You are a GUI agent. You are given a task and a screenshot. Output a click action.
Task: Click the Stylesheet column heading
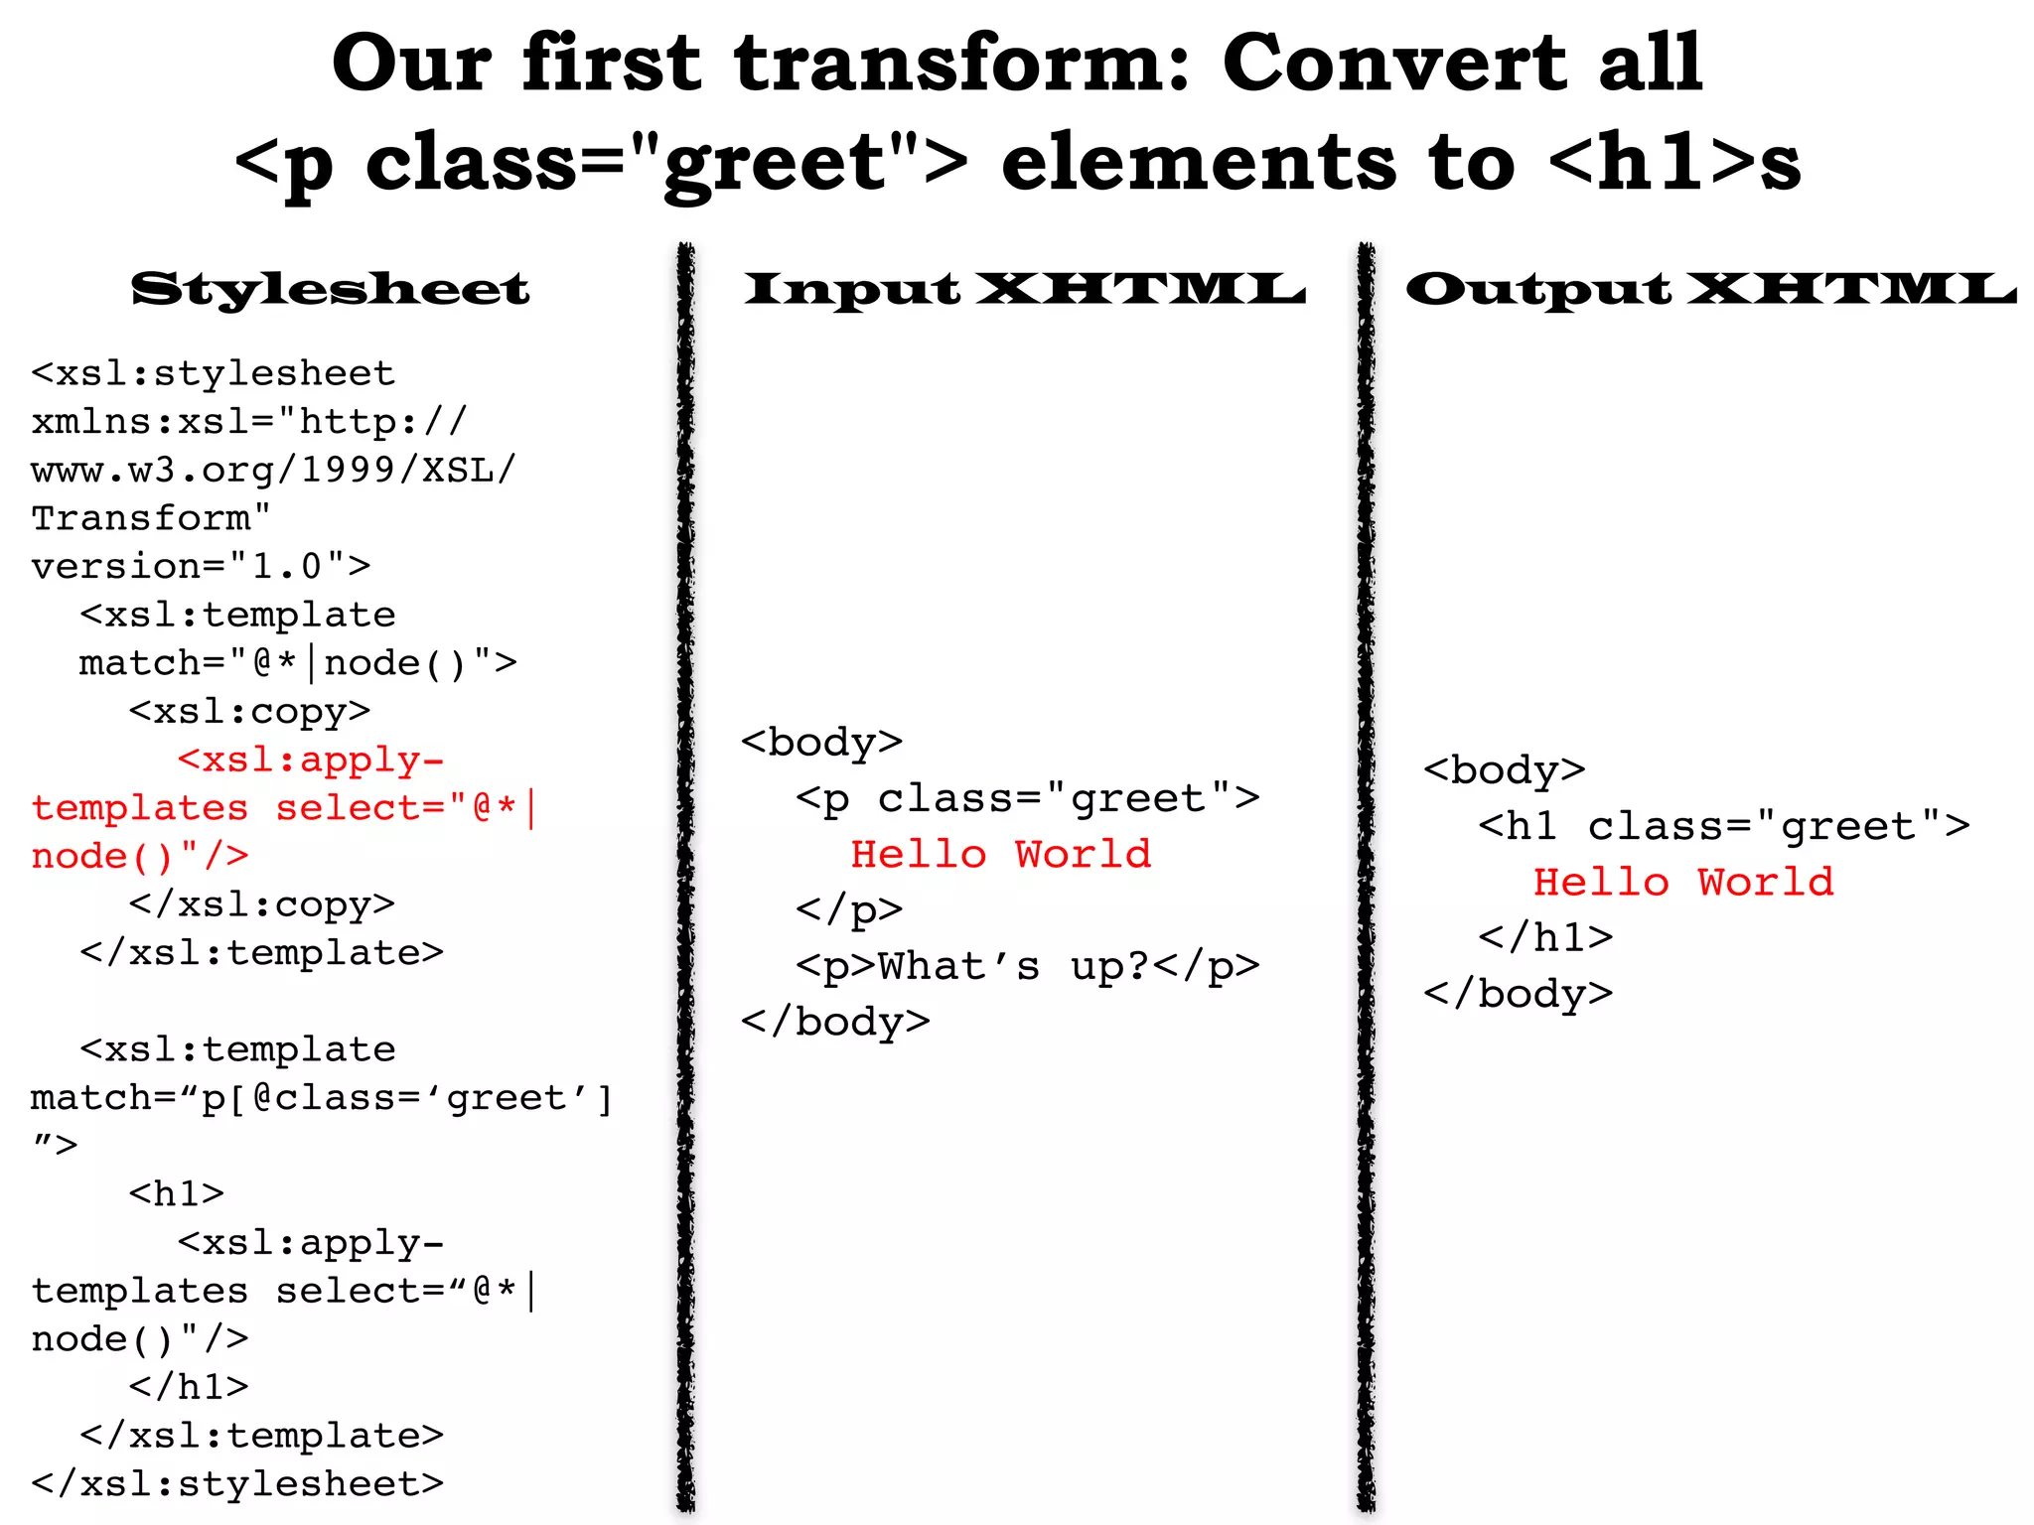(330, 289)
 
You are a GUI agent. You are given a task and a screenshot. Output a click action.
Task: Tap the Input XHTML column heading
(1024, 289)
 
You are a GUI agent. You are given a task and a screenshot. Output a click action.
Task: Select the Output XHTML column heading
(1710, 289)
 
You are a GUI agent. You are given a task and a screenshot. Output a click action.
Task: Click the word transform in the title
(951, 64)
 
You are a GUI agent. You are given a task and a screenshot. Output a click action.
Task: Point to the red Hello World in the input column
(1000, 854)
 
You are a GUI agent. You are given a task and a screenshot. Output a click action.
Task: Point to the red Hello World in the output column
(1682, 882)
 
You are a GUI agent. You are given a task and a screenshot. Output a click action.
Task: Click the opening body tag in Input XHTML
(821, 742)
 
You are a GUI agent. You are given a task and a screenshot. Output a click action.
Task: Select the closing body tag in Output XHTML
(1518, 993)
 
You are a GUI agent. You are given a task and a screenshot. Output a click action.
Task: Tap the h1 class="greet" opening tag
(1723, 826)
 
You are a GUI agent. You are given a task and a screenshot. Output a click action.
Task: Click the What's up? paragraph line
(1027, 966)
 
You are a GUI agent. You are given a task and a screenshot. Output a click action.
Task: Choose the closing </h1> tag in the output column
(1545, 937)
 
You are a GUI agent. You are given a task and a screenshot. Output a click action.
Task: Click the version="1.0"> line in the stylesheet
(201, 566)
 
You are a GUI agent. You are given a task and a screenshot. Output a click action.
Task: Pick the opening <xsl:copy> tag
(249, 711)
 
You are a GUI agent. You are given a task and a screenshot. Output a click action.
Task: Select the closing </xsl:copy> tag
(261, 904)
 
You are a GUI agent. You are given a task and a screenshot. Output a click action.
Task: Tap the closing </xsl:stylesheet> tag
(237, 1483)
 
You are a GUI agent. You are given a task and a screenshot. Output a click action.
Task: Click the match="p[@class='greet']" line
(322, 1098)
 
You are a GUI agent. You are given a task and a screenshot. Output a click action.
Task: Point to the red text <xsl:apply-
(311, 760)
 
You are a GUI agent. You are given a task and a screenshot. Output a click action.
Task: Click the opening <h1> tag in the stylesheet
(177, 1193)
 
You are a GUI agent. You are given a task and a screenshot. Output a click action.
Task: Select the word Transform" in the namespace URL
(151, 518)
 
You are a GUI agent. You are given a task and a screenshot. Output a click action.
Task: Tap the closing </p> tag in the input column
(849, 909)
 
